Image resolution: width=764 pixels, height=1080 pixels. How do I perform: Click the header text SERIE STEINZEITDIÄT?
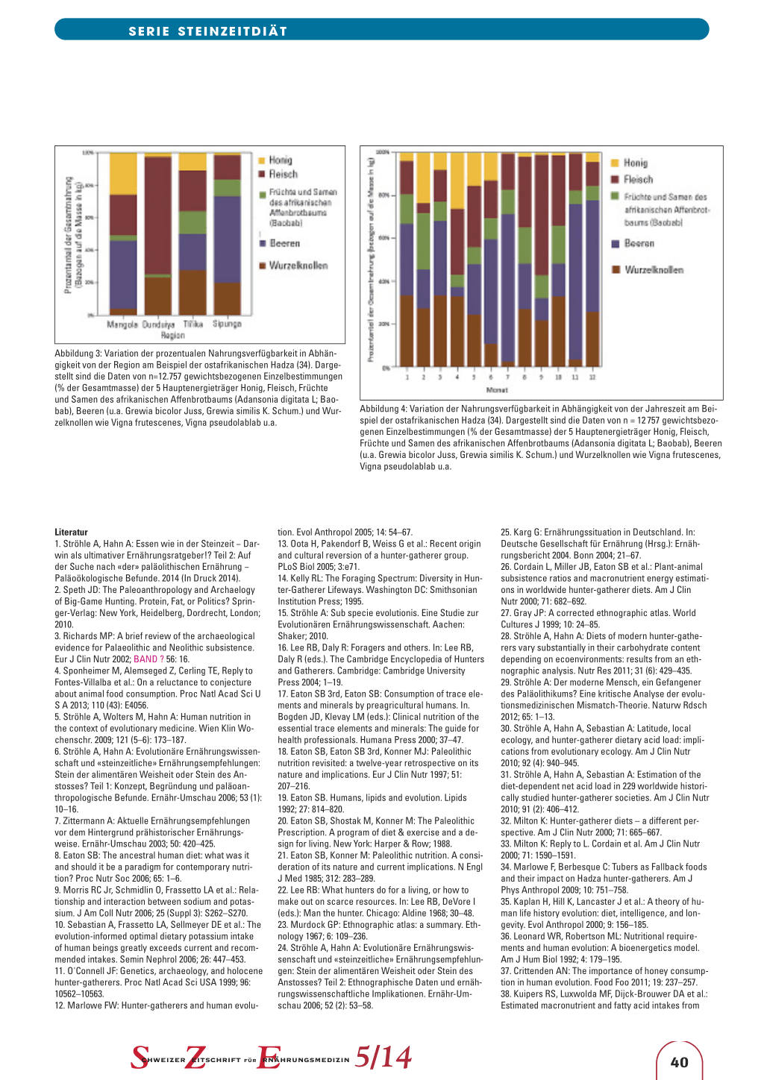click(x=207, y=31)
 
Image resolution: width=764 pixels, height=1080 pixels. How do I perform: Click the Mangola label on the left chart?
click(x=122, y=324)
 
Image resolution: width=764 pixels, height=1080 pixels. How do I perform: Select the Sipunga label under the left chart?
click(x=227, y=324)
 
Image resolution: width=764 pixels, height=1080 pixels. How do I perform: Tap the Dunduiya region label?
click(x=158, y=324)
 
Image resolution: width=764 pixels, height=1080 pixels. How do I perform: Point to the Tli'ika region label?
click(x=193, y=324)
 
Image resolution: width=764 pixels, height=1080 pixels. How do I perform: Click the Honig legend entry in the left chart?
click(x=280, y=160)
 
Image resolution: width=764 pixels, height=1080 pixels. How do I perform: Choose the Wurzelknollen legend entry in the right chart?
click(x=653, y=270)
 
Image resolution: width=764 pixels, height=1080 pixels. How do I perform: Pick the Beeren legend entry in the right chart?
click(x=639, y=244)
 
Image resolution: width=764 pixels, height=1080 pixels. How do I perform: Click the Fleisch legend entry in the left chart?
click(x=283, y=175)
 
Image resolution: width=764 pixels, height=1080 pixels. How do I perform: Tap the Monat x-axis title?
click(x=497, y=390)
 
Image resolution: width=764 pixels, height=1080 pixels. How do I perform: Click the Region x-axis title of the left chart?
click(x=173, y=336)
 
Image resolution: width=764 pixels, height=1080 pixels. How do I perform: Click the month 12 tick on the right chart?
click(x=592, y=377)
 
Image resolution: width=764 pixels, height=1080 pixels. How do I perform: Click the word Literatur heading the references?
click(x=71, y=533)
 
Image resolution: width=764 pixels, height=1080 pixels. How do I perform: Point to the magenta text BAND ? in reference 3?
click(x=148, y=659)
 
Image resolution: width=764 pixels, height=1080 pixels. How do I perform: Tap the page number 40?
click(x=679, y=1062)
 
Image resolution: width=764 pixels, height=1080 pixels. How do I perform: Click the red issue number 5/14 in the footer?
click(x=383, y=1057)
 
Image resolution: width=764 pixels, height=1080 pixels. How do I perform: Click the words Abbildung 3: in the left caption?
click(x=79, y=354)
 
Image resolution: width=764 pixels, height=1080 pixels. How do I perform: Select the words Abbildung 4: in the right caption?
click(x=384, y=409)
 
